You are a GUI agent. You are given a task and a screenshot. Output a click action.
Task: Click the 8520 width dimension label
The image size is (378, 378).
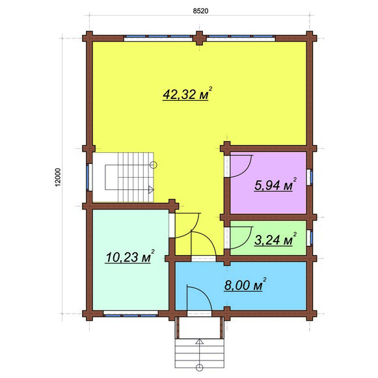point(200,11)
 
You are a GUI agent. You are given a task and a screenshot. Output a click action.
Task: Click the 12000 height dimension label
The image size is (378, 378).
point(58,177)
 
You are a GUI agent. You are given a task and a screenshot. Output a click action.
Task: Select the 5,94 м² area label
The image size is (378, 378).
point(275,185)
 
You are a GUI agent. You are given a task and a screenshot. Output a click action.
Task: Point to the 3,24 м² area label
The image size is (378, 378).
point(275,239)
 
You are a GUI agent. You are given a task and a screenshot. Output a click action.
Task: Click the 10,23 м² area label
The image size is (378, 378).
point(129,256)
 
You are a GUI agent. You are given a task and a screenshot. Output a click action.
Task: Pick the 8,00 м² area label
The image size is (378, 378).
point(245,285)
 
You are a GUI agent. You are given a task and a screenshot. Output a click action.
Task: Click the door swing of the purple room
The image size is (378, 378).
point(245,172)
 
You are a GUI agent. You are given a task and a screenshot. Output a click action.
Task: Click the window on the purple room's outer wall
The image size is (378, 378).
point(310,178)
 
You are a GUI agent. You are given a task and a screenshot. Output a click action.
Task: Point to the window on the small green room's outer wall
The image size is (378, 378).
point(310,238)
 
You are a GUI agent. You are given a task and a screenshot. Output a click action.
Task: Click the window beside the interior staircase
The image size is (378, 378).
point(89,177)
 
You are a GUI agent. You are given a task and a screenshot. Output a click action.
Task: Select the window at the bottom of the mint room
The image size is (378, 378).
point(131,314)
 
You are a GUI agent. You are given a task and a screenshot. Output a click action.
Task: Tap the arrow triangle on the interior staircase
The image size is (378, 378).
point(151,189)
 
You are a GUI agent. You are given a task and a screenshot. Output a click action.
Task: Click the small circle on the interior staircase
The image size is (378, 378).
point(154,165)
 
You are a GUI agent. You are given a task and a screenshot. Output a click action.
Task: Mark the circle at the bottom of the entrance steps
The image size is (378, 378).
point(199,368)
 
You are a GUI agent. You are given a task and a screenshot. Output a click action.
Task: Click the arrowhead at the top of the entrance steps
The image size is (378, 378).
point(199,342)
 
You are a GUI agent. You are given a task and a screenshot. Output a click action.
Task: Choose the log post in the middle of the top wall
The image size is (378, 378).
point(199,38)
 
